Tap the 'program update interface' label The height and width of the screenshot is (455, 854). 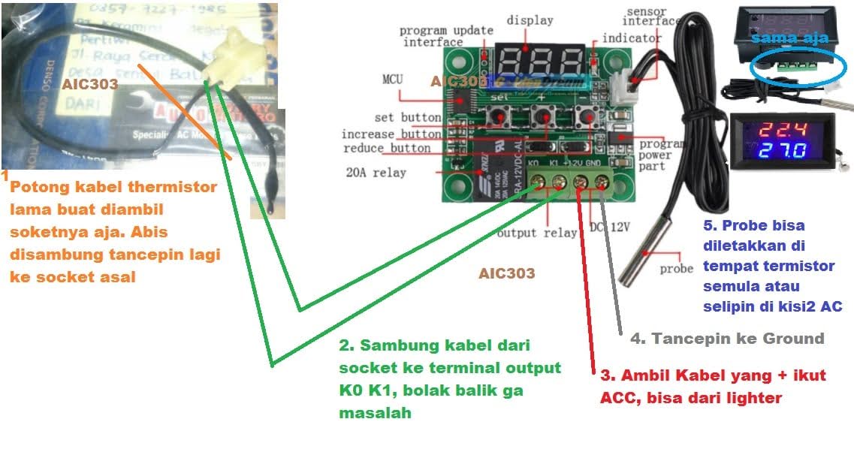[446, 36]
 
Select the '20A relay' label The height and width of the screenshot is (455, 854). [376, 173]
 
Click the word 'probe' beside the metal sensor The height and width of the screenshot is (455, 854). [676, 268]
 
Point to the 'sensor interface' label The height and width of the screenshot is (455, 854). [652, 17]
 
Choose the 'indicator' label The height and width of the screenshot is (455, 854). [632, 38]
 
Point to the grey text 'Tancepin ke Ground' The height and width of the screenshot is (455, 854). [727, 339]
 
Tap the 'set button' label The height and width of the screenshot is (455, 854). [408, 118]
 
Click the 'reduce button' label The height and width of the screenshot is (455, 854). [388, 149]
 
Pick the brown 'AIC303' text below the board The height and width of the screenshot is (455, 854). [507, 273]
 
